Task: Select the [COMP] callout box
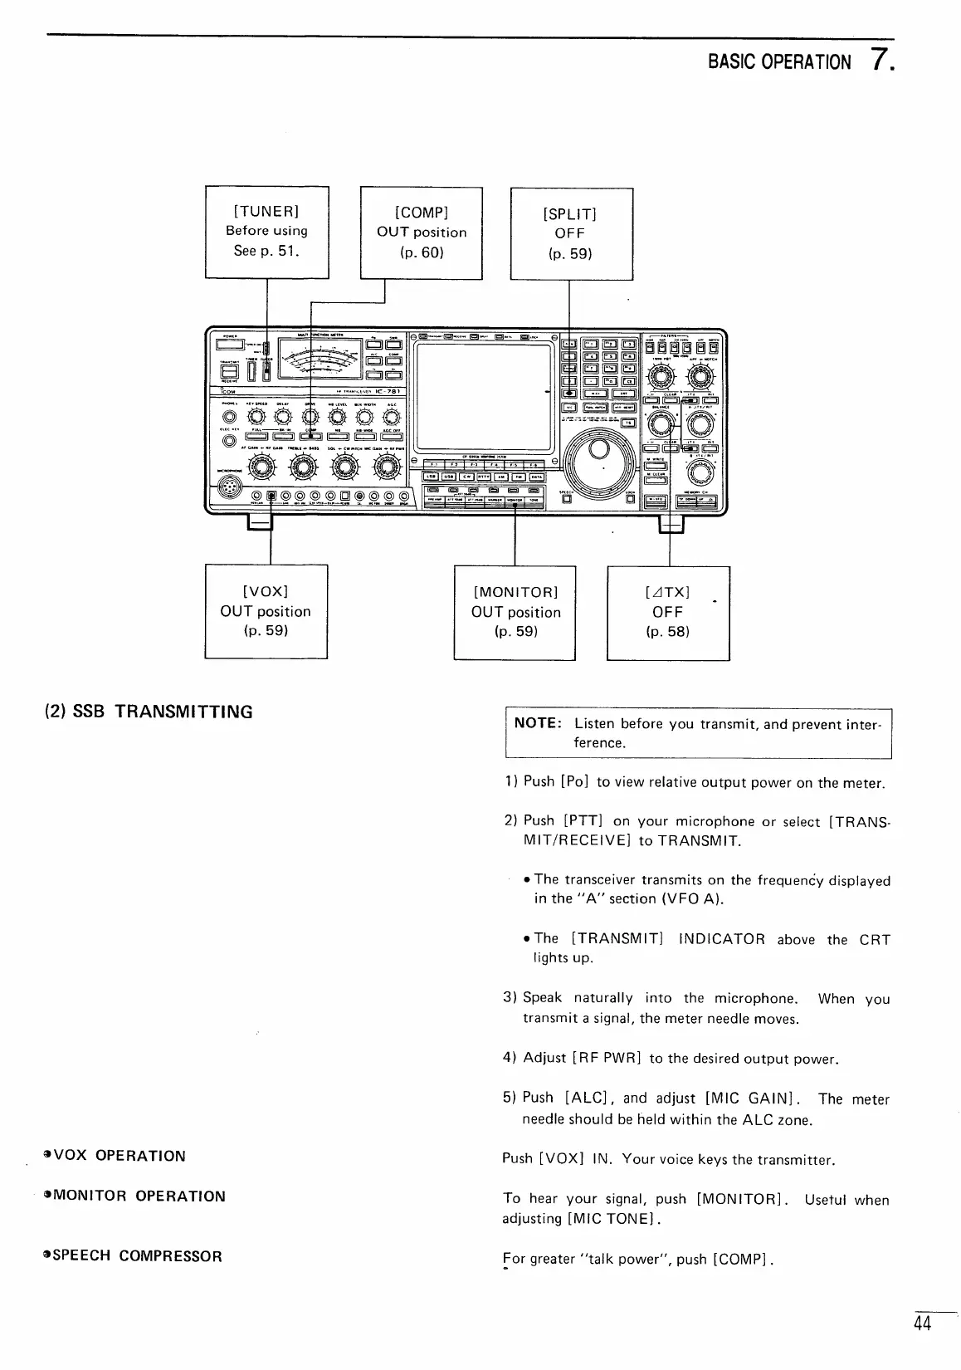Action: click(422, 232)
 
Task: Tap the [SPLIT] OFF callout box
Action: click(570, 233)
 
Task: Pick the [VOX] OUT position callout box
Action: click(266, 611)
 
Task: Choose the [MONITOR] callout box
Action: click(515, 612)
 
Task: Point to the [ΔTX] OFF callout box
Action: click(667, 612)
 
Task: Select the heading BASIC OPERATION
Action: click(778, 62)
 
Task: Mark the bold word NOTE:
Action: click(539, 723)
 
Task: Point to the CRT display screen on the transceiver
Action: click(484, 396)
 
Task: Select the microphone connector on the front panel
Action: click(225, 491)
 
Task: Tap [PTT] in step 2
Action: click(583, 821)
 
